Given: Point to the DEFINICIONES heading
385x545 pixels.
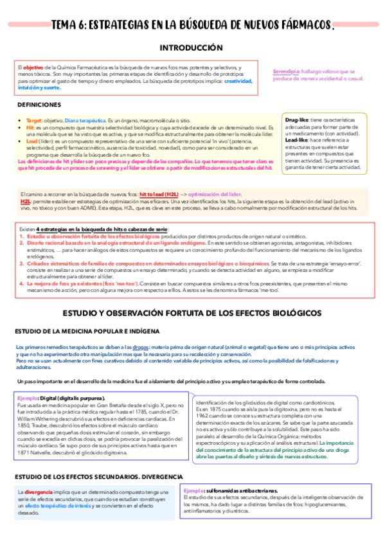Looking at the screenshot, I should click(x=39, y=104).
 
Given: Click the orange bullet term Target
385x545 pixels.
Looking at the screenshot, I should click(x=34, y=120).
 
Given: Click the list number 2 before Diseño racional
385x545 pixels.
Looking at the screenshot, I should click(x=22, y=243).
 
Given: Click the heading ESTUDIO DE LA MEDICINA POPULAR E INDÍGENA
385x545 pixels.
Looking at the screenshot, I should click(x=83, y=331).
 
